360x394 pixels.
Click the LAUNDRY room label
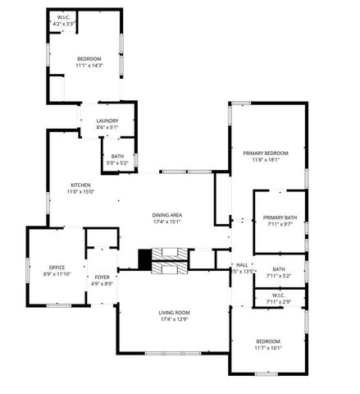(107, 121)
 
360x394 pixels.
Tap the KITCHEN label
(80, 186)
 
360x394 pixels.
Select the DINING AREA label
(166, 215)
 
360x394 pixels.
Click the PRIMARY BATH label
(279, 217)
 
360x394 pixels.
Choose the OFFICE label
(57, 267)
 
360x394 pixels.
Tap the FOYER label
(103, 277)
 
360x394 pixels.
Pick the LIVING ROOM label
(174, 313)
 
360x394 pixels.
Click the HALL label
(242, 265)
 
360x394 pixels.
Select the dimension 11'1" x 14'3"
(89, 65)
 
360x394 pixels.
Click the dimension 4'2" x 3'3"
(63, 24)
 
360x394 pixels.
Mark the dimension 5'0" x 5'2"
(118, 163)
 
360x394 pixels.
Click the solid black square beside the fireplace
(145, 260)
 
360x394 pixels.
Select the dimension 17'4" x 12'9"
(174, 319)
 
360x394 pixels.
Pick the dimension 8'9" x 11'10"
(57, 273)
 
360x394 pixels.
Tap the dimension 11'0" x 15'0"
(80, 192)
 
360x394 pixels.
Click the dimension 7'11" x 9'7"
(279, 223)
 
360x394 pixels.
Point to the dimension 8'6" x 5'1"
(107, 128)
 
